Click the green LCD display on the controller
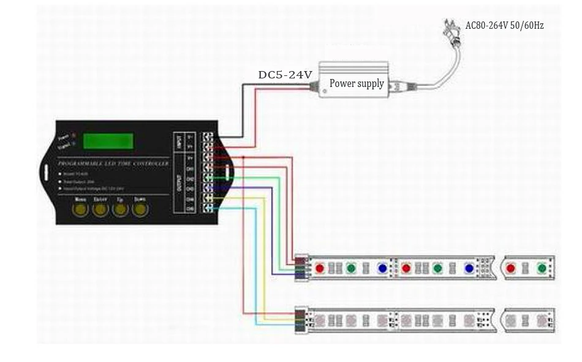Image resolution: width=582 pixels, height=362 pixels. pyautogui.click(x=108, y=140)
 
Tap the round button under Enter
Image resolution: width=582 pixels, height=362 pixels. pyautogui.click(x=100, y=210)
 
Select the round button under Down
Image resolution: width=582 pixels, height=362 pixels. pyautogui.click(x=141, y=210)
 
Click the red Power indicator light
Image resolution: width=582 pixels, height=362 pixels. pyautogui.click(x=74, y=135)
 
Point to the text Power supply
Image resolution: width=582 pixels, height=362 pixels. pyautogui.click(x=357, y=83)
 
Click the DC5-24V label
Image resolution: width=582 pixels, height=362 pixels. pyautogui.click(x=285, y=75)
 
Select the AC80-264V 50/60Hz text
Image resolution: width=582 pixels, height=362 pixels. pyautogui.click(x=504, y=26)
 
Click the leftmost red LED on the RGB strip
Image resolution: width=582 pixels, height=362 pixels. pyautogui.click(x=319, y=268)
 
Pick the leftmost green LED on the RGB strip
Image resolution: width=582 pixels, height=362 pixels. pyautogui.click(x=350, y=268)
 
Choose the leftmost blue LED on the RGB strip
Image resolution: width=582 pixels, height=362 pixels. pyautogui.click(x=382, y=268)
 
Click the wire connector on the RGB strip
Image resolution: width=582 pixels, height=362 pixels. pyautogui.click(x=301, y=268)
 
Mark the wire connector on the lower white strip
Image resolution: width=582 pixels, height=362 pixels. pyautogui.click(x=301, y=319)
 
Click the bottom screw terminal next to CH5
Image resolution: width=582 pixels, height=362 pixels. pyautogui.click(x=209, y=209)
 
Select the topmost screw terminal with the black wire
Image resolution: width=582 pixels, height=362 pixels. pyautogui.click(x=209, y=137)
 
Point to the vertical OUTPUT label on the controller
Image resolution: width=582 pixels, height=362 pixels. pyautogui.click(x=178, y=183)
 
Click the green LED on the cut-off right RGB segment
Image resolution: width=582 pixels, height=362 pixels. pyautogui.click(x=542, y=268)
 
